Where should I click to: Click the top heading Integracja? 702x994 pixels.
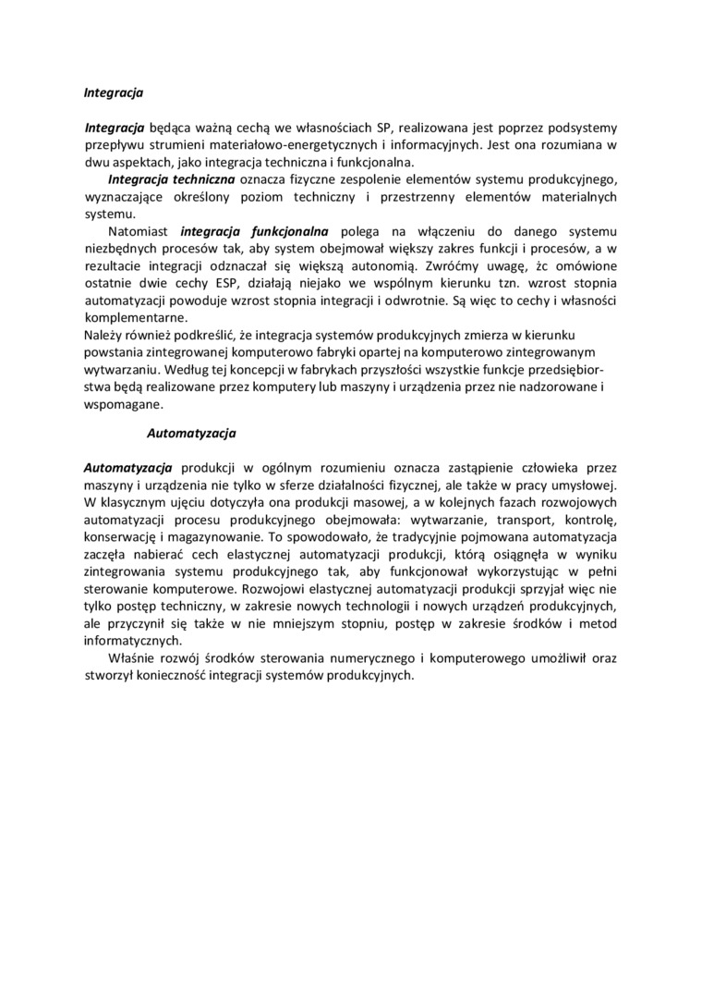[x=114, y=92]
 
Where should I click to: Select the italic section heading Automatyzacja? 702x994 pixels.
[x=192, y=432]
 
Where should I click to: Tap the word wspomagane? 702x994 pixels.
[x=124, y=404]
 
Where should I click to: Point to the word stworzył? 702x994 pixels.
[x=109, y=675]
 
